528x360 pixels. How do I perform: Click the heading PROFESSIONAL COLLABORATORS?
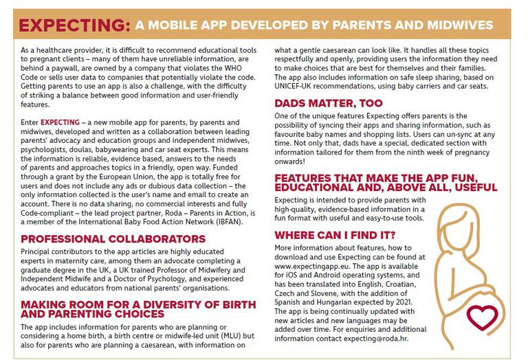113,239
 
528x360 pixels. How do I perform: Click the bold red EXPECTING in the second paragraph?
60,122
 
